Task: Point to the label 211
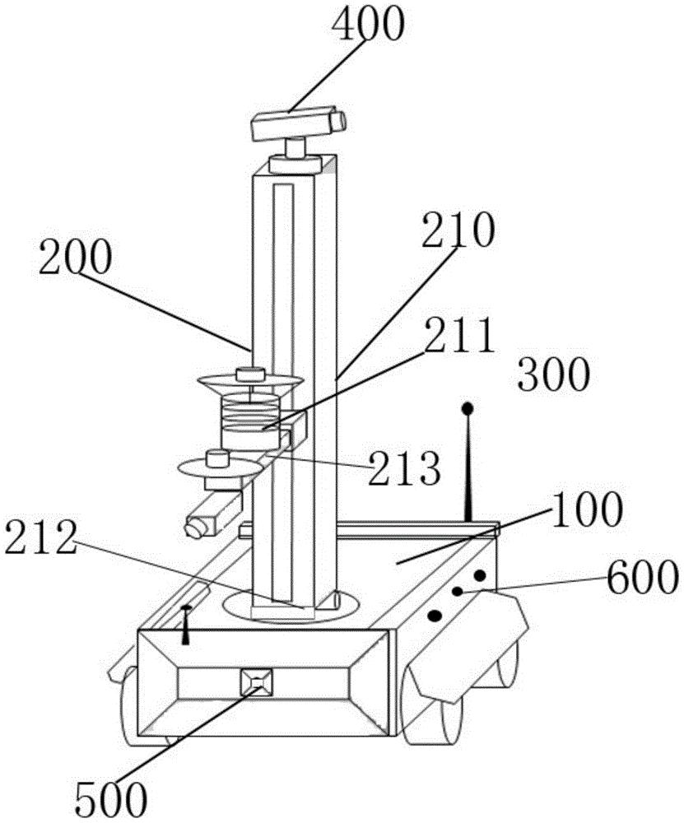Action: [460, 336]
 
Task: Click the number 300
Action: [554, 374]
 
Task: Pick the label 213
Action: [404, 468]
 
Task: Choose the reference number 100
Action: [586, 510]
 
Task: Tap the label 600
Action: [640, 576]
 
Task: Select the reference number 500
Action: [110, 800]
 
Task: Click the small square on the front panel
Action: [257, 681]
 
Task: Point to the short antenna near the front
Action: [185, 625]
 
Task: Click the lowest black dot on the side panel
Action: [435, 616]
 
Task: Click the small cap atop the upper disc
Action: [250, 374]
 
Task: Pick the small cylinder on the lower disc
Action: [216, 458]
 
